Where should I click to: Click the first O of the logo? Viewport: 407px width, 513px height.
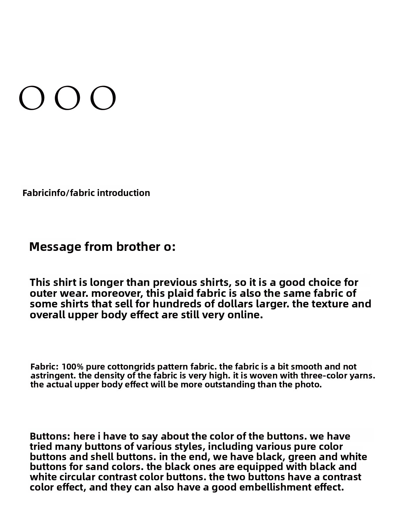click(x=31, y=98)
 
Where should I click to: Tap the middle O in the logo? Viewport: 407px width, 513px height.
click(x=67, y=98)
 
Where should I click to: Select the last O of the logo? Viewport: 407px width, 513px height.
click(x=103, y=98)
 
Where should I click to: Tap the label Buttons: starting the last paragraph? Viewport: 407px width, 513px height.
click(x=50, y=437)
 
